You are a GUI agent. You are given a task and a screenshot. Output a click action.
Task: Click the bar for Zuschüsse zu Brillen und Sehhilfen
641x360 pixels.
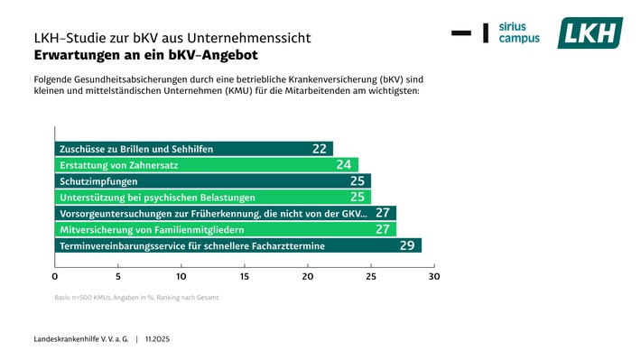[193, 149]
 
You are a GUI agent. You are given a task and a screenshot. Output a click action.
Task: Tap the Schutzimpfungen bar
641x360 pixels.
[212, 181]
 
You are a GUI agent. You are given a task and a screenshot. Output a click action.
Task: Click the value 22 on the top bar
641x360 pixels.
[320, 149]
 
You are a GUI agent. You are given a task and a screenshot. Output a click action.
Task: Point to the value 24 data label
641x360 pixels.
[344, 165]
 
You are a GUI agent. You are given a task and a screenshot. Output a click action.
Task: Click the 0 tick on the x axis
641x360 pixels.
[55, 276]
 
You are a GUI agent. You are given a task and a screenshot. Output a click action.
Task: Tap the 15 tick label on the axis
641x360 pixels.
[245, 276]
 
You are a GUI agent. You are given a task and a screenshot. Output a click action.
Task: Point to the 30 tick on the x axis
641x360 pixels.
[434, 276]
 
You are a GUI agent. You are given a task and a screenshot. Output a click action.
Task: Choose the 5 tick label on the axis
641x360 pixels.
[118, 276]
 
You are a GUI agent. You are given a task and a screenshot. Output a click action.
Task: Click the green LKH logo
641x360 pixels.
[590, 33]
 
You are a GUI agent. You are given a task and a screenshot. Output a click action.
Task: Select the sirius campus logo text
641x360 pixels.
[519, 33]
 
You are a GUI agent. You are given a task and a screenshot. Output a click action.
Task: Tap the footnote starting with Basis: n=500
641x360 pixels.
[136, 297]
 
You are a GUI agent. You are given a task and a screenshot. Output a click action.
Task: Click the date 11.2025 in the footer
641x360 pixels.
[160, 338]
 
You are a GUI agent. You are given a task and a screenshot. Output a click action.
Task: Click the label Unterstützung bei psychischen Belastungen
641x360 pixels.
[157, 198]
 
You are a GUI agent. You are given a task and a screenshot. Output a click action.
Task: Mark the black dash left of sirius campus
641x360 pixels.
[460, 33]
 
